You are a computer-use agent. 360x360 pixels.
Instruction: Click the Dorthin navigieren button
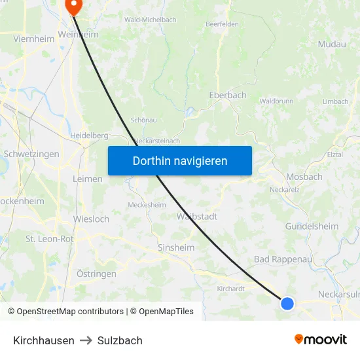(x=179, y=161)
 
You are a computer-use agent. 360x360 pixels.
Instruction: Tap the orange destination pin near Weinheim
(x=73, y=7)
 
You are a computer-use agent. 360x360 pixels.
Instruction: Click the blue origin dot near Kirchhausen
(x=287, y=303)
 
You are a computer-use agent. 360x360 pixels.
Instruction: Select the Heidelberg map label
(x=89, y=135)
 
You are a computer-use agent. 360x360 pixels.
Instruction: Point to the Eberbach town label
(x=227, y=95)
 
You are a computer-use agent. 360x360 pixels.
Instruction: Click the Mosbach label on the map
(x=304, y=177)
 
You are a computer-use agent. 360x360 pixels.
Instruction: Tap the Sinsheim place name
(x=176, y=248)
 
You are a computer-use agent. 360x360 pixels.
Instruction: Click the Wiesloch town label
(x=92, y=219)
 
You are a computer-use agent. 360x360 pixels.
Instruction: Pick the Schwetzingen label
(x=31, y=154)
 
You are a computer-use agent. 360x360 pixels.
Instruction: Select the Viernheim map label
(x=34, y=39)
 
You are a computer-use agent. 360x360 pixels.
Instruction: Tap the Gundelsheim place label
(x=312, y=226)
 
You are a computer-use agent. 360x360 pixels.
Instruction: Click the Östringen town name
(x=96, y=274)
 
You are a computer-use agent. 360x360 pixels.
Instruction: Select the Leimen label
(x=88, y=179)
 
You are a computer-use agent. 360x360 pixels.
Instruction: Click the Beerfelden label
(x=221, y=24)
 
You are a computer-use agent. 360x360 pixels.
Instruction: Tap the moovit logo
(x=320, y=339)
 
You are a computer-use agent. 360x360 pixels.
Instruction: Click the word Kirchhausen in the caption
(x=44, y=340)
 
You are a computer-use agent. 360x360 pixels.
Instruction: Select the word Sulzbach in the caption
(x=120, y=340)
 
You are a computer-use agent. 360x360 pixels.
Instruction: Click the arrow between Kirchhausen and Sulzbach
(x=86, y=340)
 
